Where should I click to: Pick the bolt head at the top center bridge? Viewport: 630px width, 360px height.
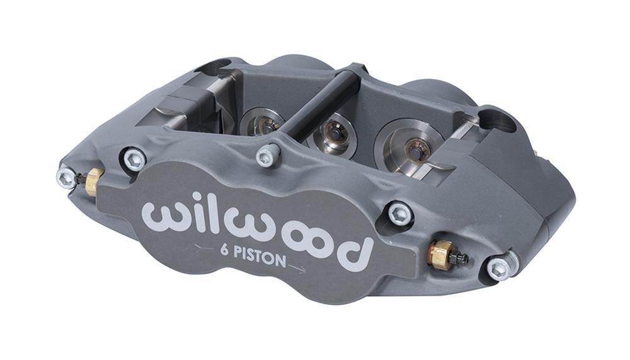tap(267, 155)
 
